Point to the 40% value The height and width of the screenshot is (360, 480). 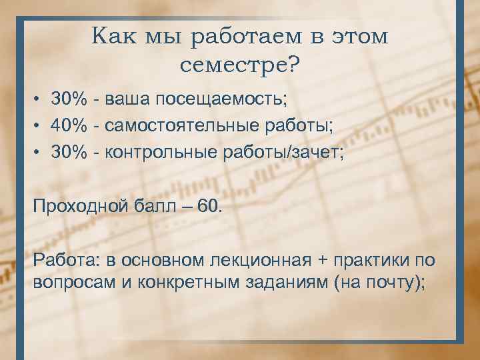click(x=71, y=126)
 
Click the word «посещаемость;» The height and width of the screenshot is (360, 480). click(x=221, y=99)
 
